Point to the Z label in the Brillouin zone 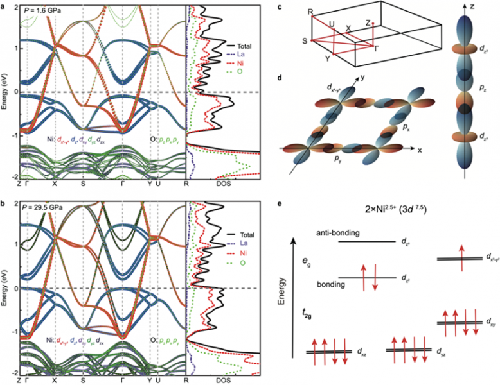click(x=367, y=23)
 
